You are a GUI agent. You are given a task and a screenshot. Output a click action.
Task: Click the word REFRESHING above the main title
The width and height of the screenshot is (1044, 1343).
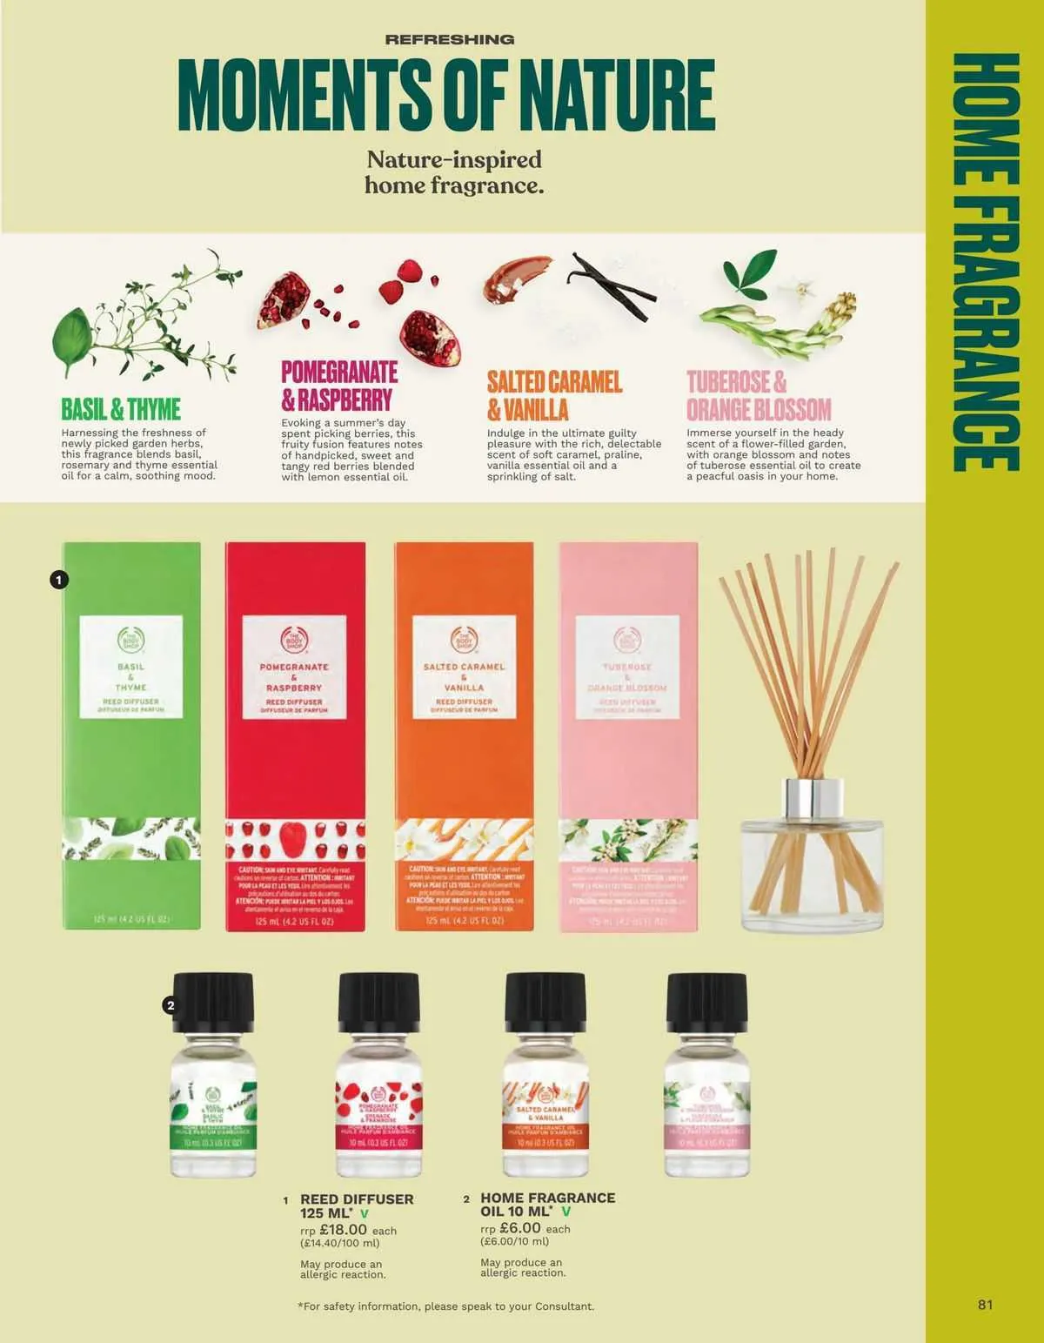coord(449,39)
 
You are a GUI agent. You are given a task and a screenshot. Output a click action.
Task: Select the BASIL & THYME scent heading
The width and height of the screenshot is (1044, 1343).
coord(121,409)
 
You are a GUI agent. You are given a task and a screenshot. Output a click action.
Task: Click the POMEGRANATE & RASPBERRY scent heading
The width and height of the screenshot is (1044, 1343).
coord(338,386)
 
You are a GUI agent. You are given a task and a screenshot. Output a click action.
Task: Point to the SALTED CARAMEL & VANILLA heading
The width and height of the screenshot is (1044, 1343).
coord(553,395)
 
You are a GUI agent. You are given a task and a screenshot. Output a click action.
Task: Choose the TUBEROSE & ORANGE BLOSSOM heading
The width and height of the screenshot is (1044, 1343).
coord(758,395)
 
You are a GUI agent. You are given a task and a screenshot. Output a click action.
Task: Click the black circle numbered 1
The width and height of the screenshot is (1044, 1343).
coord(58,579)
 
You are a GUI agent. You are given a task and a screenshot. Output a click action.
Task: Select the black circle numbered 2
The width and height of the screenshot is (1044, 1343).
coord(171,1005)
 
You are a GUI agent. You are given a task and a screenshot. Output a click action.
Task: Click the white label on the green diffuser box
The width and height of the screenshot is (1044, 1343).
coord(130,667)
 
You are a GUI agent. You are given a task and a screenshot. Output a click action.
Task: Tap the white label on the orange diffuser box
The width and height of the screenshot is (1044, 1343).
coord(464,667)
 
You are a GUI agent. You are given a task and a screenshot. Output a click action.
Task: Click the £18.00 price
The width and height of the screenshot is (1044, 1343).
coord(343,1230)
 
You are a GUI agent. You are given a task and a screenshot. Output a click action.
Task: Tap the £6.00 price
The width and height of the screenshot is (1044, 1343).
coord(520,1228)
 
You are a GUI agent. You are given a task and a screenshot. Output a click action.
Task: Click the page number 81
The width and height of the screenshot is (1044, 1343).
coord(985,1305)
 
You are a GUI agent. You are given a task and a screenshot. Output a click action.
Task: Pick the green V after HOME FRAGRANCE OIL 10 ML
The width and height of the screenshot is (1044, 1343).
coord(566,1212)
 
